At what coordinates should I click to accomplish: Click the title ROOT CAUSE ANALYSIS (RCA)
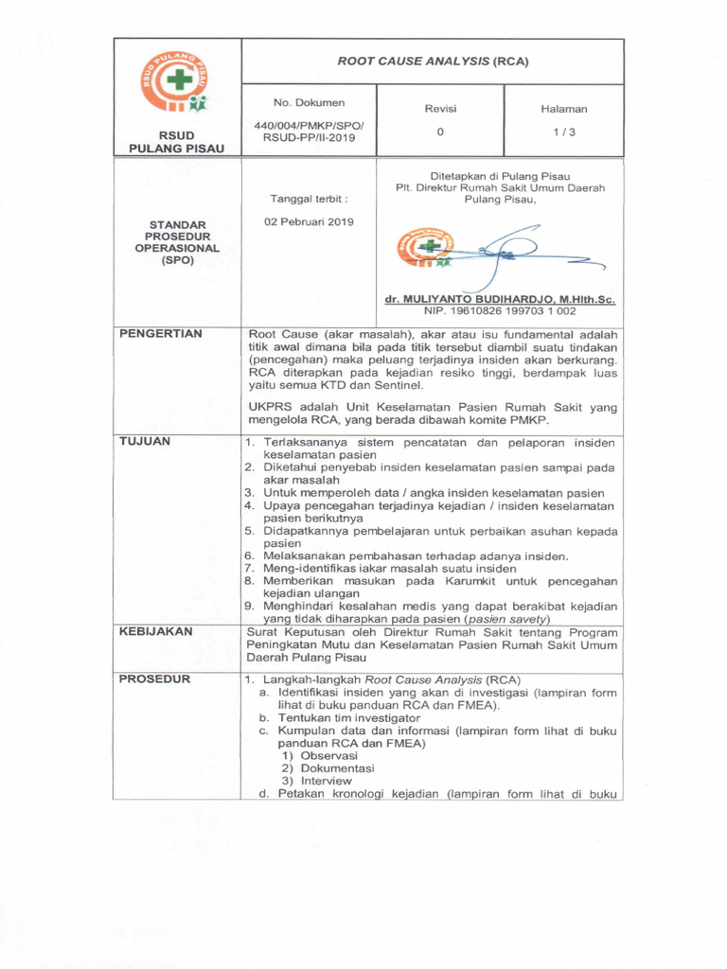[x=433, y=62]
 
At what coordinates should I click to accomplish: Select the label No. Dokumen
[x=309, y=102]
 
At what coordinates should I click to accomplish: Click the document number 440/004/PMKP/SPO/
[x=309, y=126]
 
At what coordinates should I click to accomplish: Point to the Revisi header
[x=440, y=109]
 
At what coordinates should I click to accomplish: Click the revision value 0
[x=440, y=132]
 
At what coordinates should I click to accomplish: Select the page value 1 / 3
[x=564, y=132]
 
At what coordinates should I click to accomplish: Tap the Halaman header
[x=564, y=109]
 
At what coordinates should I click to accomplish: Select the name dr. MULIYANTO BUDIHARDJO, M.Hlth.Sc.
[x=500, y=299]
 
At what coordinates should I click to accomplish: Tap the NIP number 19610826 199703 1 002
[x=500, y=310]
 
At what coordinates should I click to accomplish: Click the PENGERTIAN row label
[x=155, y=334]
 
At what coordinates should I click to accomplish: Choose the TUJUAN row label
[x=144, y=441]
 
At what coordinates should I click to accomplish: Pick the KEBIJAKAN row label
[x=155, y=630]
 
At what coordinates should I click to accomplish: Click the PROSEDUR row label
[x=154, y=678]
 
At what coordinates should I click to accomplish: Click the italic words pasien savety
[x=506, y=618]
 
